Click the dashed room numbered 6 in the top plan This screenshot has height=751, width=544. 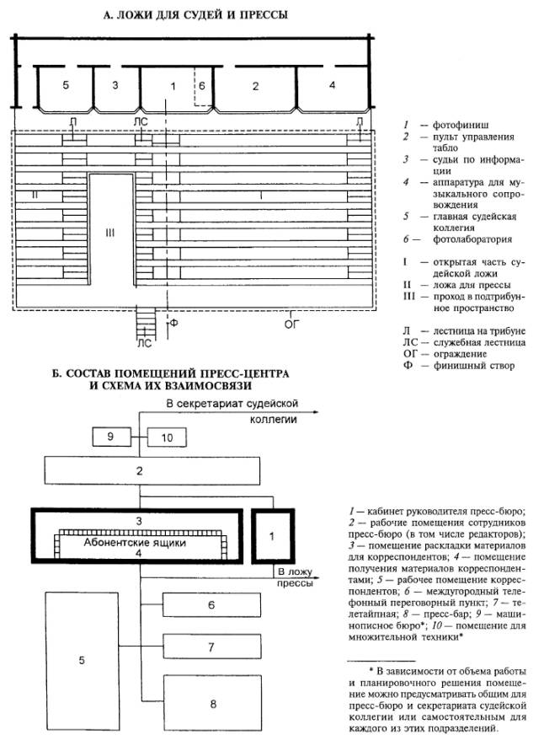202,86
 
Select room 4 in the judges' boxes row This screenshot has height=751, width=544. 332,85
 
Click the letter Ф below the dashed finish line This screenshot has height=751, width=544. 174,321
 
